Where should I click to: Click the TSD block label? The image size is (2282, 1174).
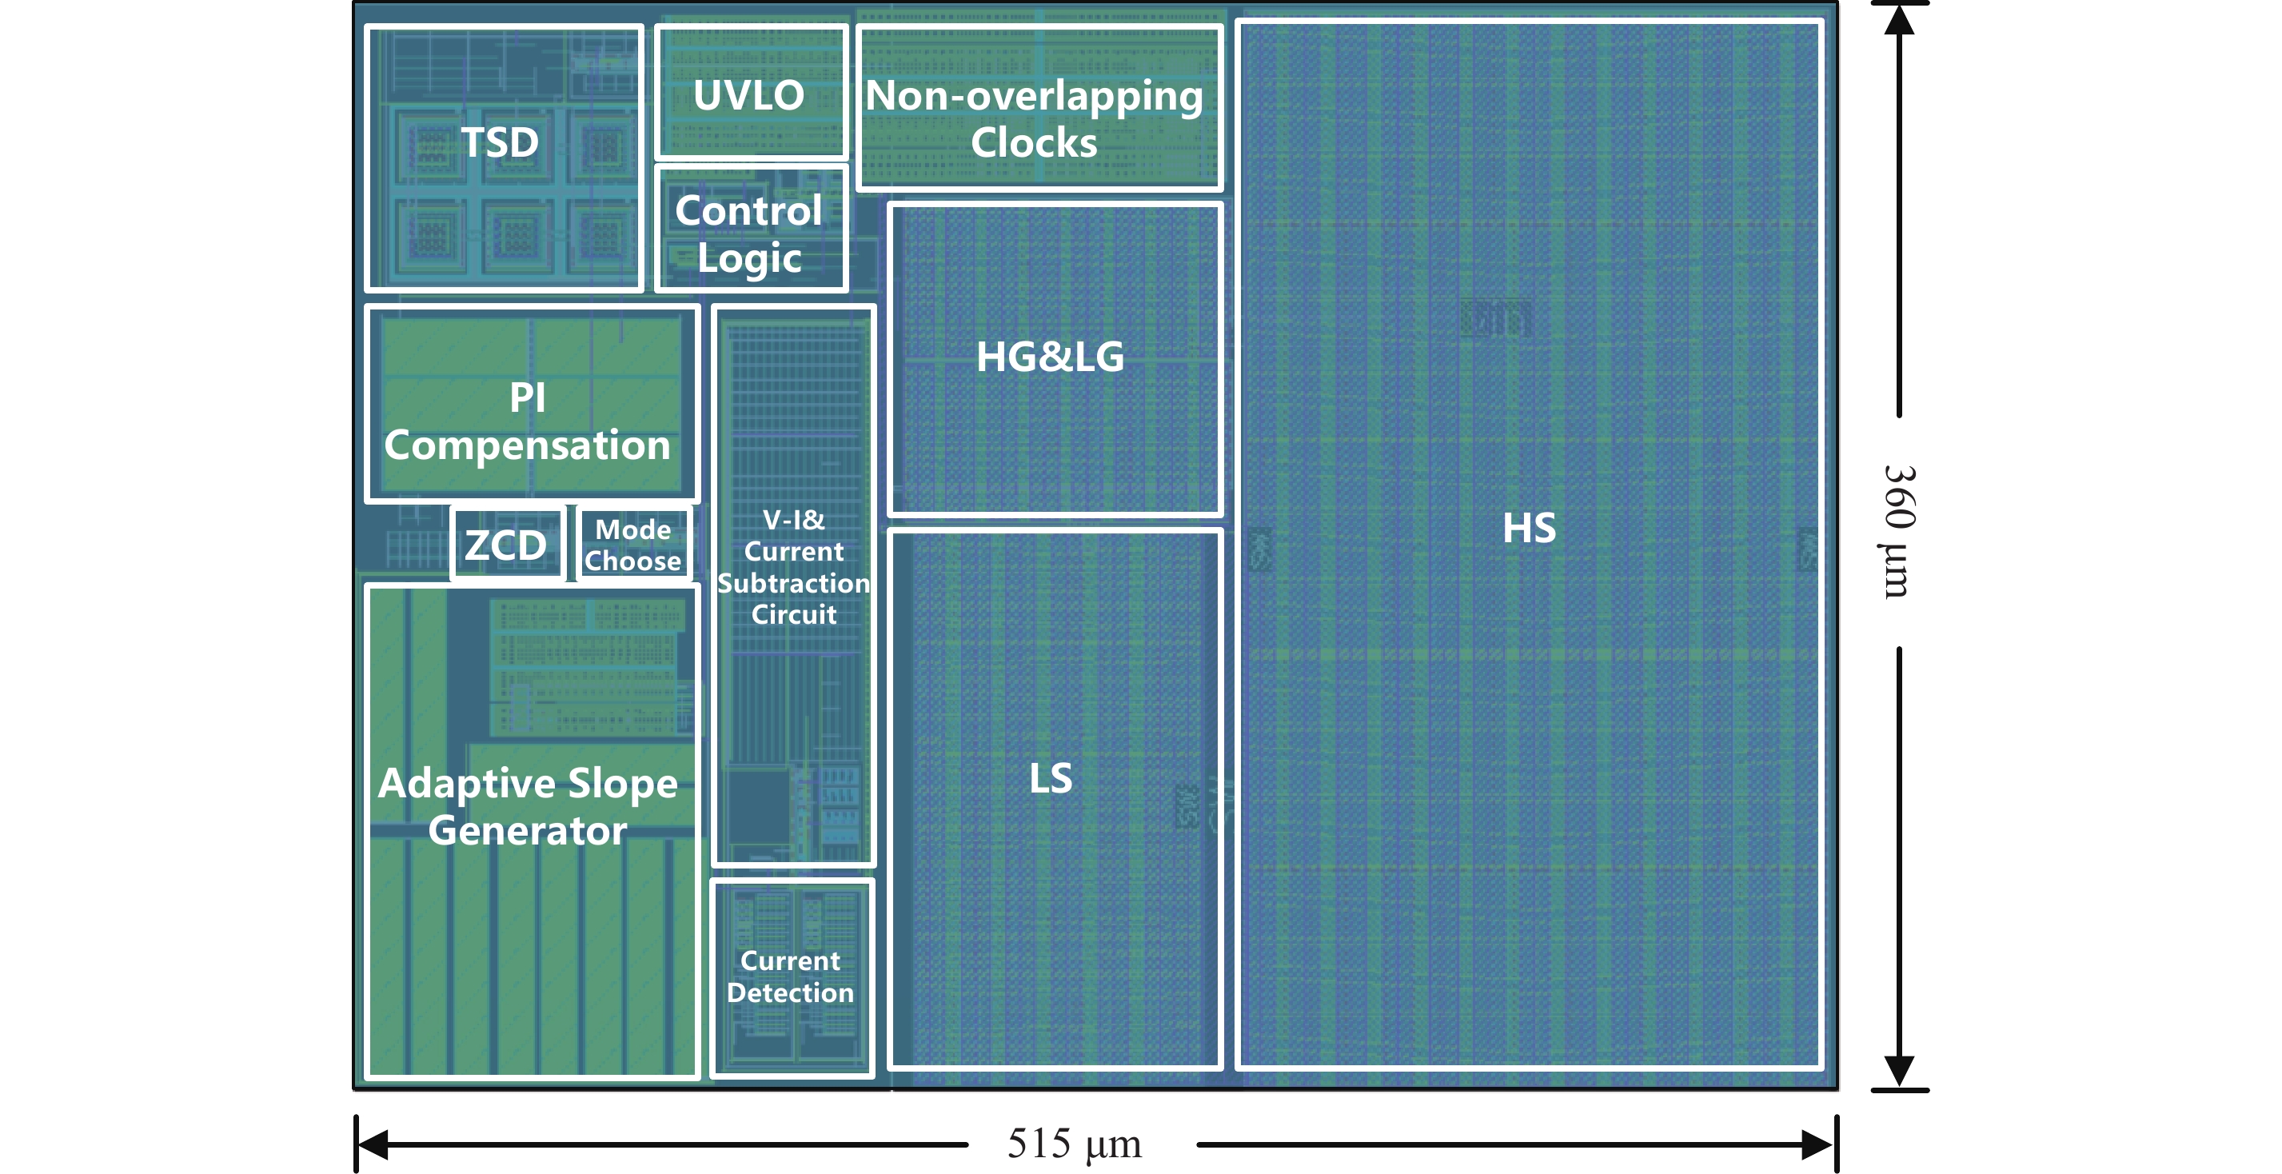tap(500, 142)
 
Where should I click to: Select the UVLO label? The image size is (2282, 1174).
tap(748, 96)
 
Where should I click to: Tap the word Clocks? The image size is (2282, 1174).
tap(1034, 142)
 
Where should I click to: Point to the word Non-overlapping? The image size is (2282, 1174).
tap(1034, 96)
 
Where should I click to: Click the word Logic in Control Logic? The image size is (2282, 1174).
tap(749, 259)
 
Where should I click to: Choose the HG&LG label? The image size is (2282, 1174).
tap(1050, 357)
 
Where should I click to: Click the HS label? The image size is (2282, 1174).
tap(1529, 528)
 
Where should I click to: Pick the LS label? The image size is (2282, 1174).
tap(1051, 779)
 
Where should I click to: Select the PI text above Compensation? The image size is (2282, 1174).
tap(527, 397)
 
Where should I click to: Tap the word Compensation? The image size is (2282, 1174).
tap(527, 445)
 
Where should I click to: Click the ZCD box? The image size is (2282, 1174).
tap(507, 544)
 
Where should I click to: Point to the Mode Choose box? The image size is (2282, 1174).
tap(632, 544)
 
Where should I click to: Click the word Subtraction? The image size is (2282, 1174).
tap(794, 583)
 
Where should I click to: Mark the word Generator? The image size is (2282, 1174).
tap(528, 830)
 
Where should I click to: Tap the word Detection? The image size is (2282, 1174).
tap(790, 992)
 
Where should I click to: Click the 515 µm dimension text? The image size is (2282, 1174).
tap(1074, 1144)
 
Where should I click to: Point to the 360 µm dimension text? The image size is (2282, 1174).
tap(1897, 531)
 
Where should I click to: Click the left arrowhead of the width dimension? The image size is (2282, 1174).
tap(372, 1144)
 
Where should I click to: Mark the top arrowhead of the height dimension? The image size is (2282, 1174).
tap(1899, 19)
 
